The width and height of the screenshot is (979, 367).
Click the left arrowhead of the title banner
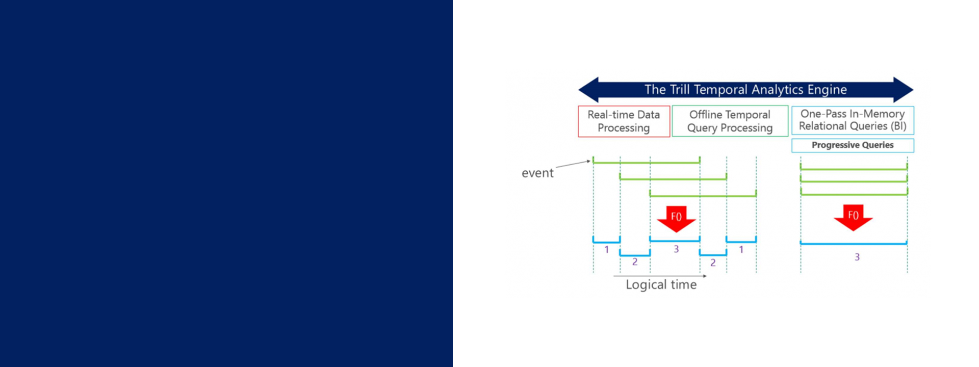(x=588, y=90)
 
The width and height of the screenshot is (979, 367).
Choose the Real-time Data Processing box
(x=624, y=121)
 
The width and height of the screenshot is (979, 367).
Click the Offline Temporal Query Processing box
(x=730, y=121)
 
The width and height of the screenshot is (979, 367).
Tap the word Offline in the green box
(x=706, y=115)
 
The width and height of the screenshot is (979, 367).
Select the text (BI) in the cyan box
(x=898, y=126)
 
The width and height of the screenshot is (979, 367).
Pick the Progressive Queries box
(x=853, y=145)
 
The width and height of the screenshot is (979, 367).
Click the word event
(x=537, y=173)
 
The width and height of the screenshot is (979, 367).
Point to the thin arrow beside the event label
(x=573, y=164)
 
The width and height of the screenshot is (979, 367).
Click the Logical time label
(x=661, y=285)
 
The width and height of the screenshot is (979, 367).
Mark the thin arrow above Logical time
(x=660, y=276)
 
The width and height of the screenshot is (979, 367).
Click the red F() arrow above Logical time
(x=676, y=218)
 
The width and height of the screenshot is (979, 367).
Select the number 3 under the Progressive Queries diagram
(x=857, y=257)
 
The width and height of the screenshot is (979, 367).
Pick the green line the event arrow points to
(x=646, y=163)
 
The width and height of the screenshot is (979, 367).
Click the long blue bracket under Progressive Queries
(x=854, y=244)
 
